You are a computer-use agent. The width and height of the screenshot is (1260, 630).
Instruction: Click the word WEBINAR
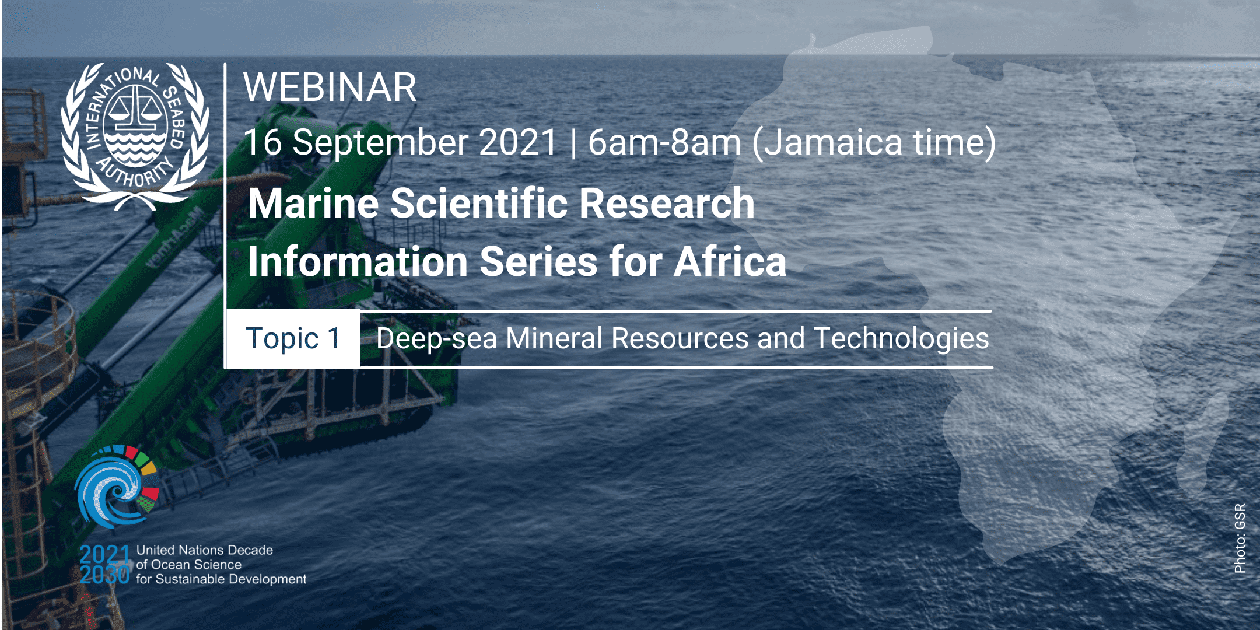click(330, 87)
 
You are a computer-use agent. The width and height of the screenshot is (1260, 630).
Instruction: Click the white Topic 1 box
click(293, 339)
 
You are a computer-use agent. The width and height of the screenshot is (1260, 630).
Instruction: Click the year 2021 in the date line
click(518, 142)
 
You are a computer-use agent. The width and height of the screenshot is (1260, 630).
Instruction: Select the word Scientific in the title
click(479, 203)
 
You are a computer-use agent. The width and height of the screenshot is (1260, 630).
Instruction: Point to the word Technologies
click(901, 339)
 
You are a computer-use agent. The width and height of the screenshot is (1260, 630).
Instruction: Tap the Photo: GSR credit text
click(1240, 538)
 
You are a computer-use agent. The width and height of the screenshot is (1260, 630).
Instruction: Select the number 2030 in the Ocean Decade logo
click(104, 575)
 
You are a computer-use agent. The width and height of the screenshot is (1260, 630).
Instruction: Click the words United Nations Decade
click(204, 550)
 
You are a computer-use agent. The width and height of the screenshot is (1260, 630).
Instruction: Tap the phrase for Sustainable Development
click(221, 579)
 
